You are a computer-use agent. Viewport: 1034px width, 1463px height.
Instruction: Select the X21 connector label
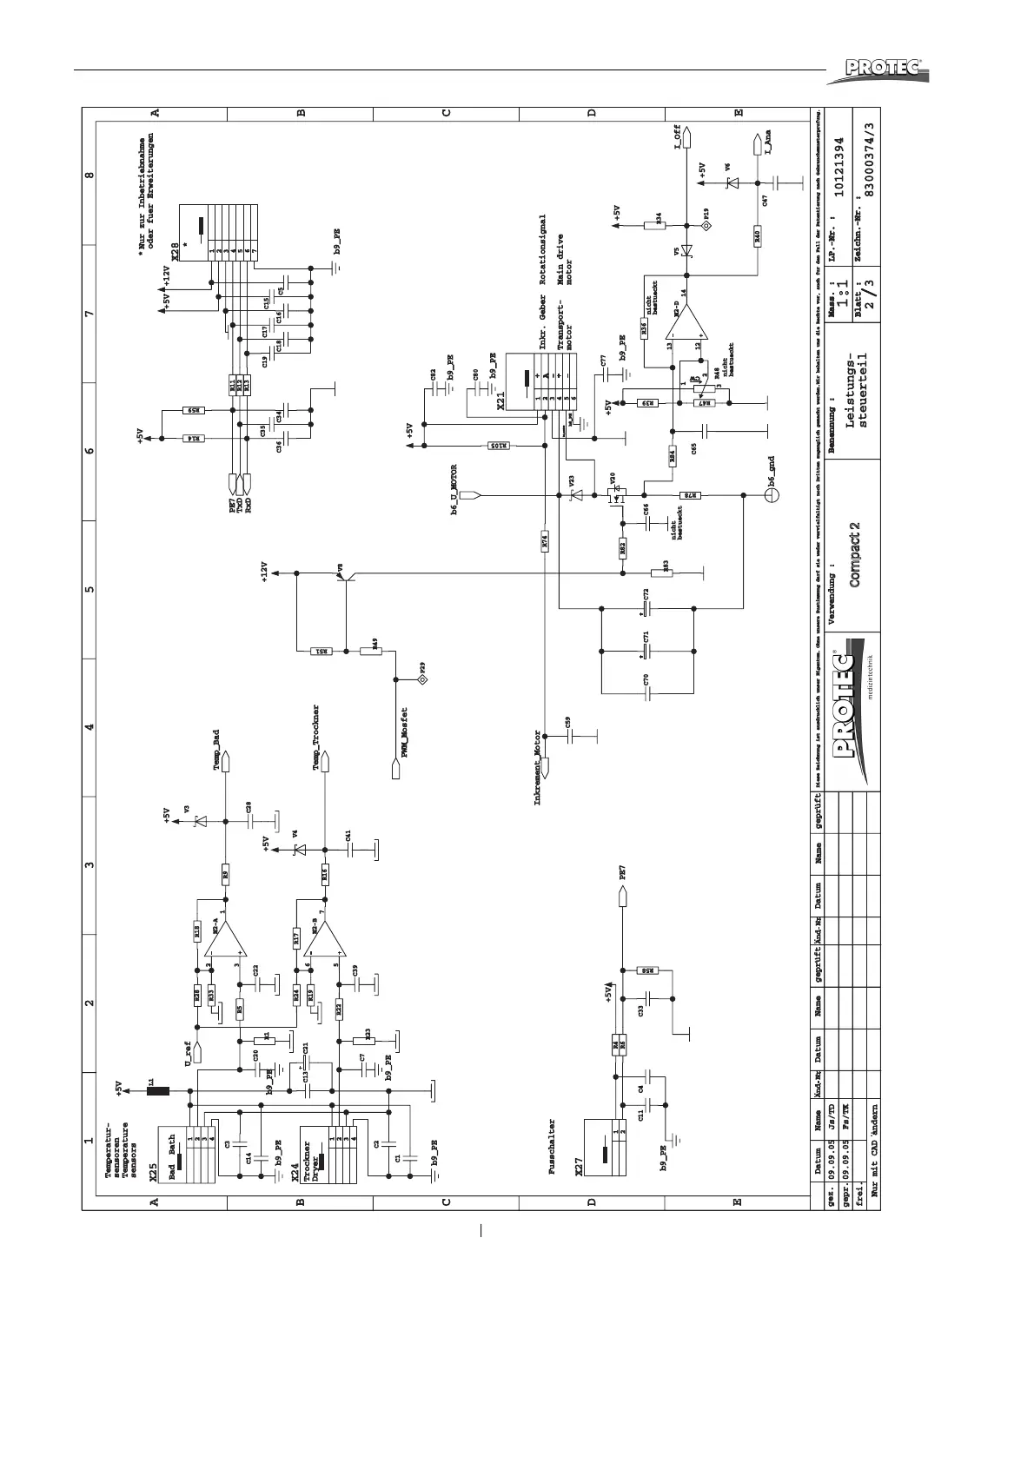click(501, 400)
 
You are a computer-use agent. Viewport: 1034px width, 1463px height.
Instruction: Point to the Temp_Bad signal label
click(216, 746)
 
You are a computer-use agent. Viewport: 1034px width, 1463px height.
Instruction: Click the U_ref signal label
click(187, 1054)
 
